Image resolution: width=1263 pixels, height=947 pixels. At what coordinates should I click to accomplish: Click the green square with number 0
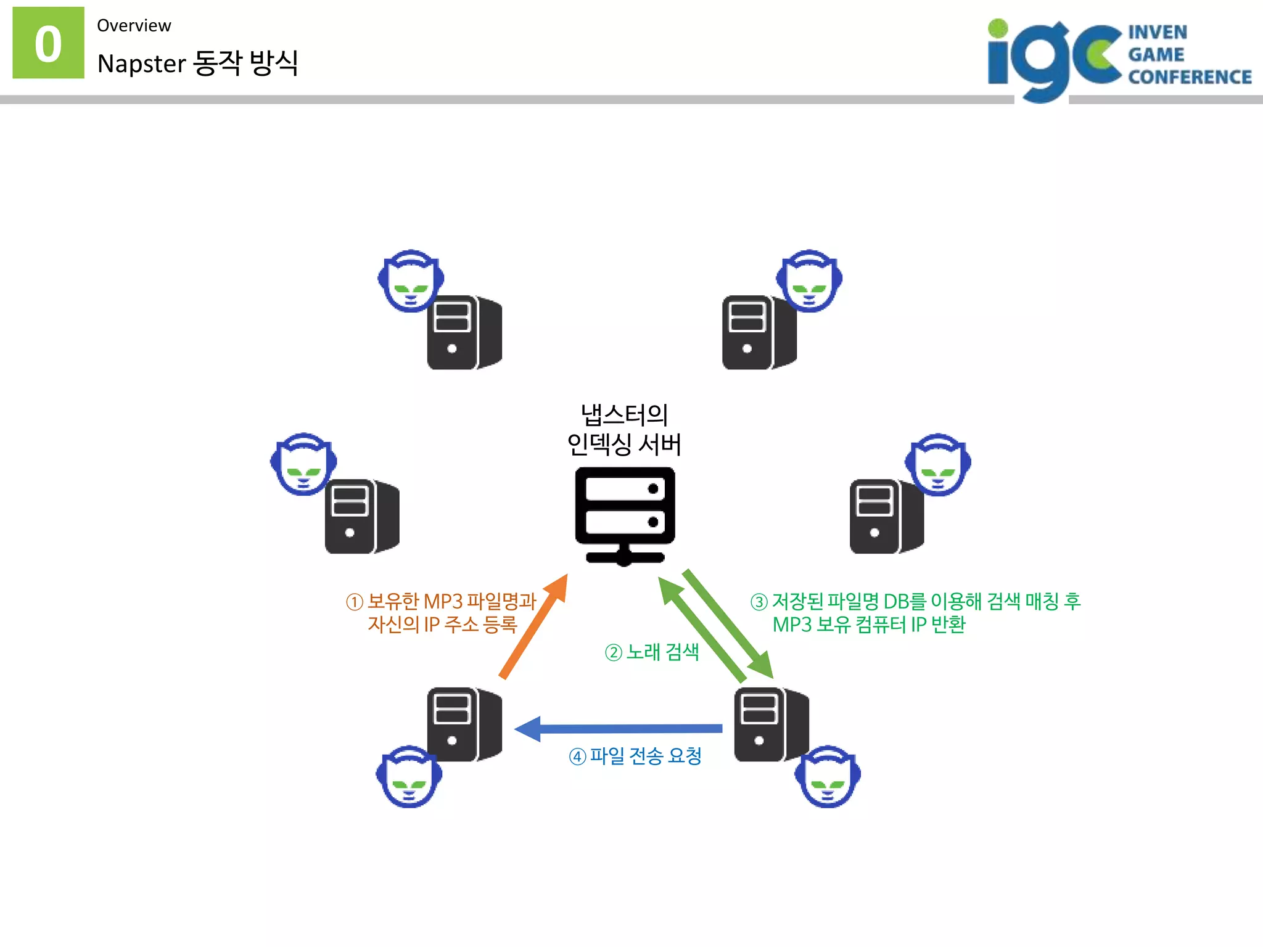tap(48, 43)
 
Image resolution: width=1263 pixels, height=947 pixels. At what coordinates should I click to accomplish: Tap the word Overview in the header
tap(134, 26)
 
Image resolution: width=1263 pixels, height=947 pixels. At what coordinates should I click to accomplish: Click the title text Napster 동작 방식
tap(197, 63)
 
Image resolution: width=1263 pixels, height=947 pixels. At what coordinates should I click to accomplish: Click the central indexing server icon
tap(625, 515)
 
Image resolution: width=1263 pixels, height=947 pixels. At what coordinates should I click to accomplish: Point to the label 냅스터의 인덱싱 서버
tap(624, 429)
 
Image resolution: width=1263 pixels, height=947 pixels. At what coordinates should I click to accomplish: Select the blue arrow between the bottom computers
tap(617, 729)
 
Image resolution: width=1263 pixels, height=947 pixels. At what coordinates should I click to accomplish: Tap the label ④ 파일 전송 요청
tap(635, 756)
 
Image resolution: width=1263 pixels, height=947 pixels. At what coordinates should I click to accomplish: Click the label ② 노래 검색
tap(652, 652)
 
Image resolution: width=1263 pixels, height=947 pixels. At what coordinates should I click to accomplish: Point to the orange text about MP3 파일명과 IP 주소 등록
tap(442, 613)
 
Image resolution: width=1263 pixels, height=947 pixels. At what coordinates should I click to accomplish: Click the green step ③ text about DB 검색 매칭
tap(915, 613)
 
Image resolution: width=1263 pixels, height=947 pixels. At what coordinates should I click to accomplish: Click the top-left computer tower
tap(464, 333)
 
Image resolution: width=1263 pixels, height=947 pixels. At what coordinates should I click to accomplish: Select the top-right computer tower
tap(759, 333)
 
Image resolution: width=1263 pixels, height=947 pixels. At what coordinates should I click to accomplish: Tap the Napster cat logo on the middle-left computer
tap(303, 464)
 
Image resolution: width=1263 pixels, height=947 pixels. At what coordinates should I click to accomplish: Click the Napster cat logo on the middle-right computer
tap(937, 464)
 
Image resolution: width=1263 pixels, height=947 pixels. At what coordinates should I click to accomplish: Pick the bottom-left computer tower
tap(464, 724)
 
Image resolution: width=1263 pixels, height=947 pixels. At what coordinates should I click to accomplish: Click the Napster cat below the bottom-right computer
tap(828, 777)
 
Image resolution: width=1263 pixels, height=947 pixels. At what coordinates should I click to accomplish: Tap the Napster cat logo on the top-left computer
tap(411, 281)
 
